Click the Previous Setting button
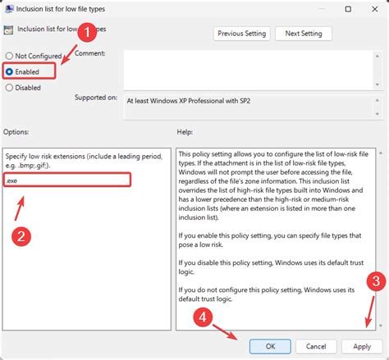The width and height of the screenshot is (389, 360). [x=241, y=34]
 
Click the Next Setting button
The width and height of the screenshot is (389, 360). [x=304, y=34]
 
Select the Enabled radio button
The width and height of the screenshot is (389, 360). [x=9, y=72]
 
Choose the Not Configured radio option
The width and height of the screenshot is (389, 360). [x=9, y=56]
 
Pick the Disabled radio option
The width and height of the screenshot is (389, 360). [x=9, y=88]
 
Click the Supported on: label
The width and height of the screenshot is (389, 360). [x=95, y=98]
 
